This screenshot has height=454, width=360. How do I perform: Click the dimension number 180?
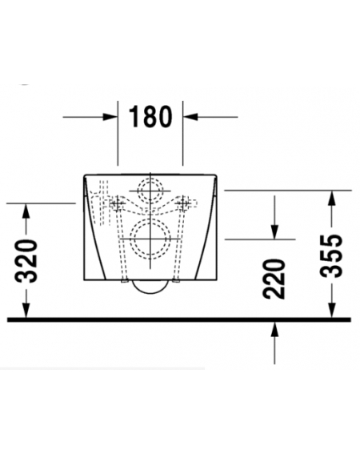pos(150,117)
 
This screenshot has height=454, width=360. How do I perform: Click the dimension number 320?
pos(26,261)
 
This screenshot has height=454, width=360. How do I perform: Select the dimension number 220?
pos(274,279)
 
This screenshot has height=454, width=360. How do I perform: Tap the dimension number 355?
pos(332,256)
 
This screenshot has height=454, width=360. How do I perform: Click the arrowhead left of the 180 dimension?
pos(110,117)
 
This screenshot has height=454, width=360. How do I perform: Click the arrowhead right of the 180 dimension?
pos(190,117)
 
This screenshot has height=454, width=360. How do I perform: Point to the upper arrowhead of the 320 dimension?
pos(26,211)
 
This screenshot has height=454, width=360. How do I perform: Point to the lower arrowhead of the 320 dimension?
pos(26,310)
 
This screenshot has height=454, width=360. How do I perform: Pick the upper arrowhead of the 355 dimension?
pos(332,198)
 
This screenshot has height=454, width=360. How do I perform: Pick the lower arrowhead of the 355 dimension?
pos(332,310)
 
